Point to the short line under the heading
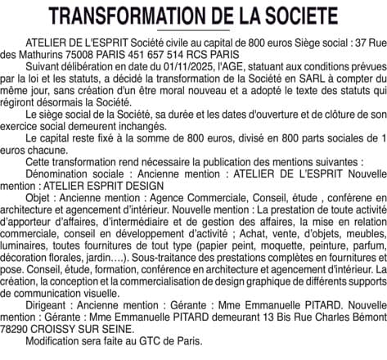click(x=193, y=30)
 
